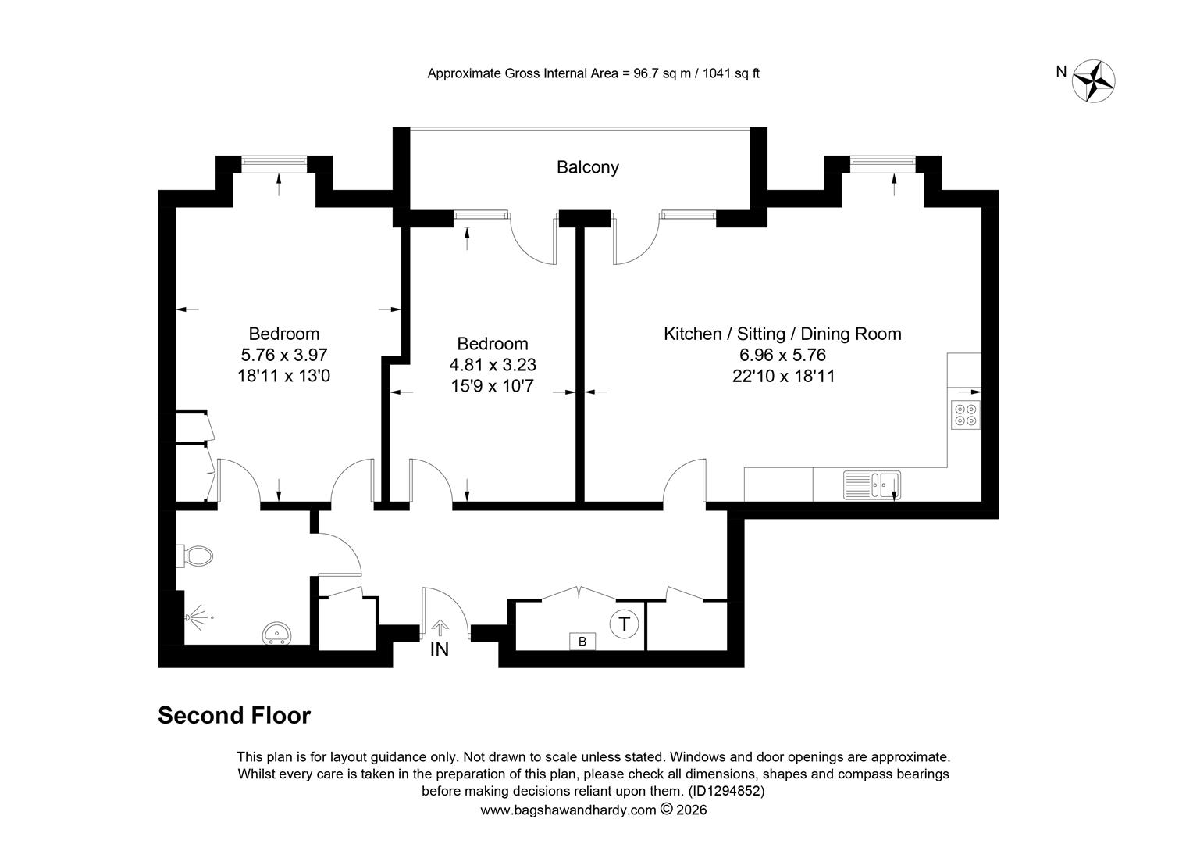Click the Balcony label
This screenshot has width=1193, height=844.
pyautogui.click(x=587, y=167)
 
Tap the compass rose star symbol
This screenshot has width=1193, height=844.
pyautogui.click(x=1094, y=80)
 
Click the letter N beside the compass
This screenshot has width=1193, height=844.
pyautogui.click(x=1061, y=72)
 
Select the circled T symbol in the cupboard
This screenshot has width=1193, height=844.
pyautogui.click(x=624, y=624)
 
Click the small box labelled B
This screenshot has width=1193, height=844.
pyautogui.click(x=582, y=642)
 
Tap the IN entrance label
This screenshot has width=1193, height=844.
pyautogui.click(x=440, y=649)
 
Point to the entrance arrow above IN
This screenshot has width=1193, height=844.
pyautogui.click(x=440, y=627)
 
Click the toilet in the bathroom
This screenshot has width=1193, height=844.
pyautogui.click(x=196, y=556)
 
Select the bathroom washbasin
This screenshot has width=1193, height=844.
pyautogui.click(x=276, y=631)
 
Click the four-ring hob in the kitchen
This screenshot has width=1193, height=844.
pyautogui.click(x=965, y=414)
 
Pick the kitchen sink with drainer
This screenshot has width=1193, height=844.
pyautogui.click(x=872, y=485)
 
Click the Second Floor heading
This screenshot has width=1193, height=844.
pyautogui.click(x=234, y=715)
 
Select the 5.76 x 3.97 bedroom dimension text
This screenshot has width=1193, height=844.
pyautogui.click(x=283, y=355)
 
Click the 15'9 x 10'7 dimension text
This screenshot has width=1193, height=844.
pyautogui.click(x=492, y=385)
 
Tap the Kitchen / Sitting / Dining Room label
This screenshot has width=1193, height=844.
pyautogui.click(x=782, y=334)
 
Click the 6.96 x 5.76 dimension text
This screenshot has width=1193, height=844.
pyautogui.click(x=782, y=355)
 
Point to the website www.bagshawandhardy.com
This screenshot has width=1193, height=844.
pyautogui.click(x=568, y=810)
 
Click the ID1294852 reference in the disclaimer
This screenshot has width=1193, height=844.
pyautogui.click(x=725, y=791)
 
